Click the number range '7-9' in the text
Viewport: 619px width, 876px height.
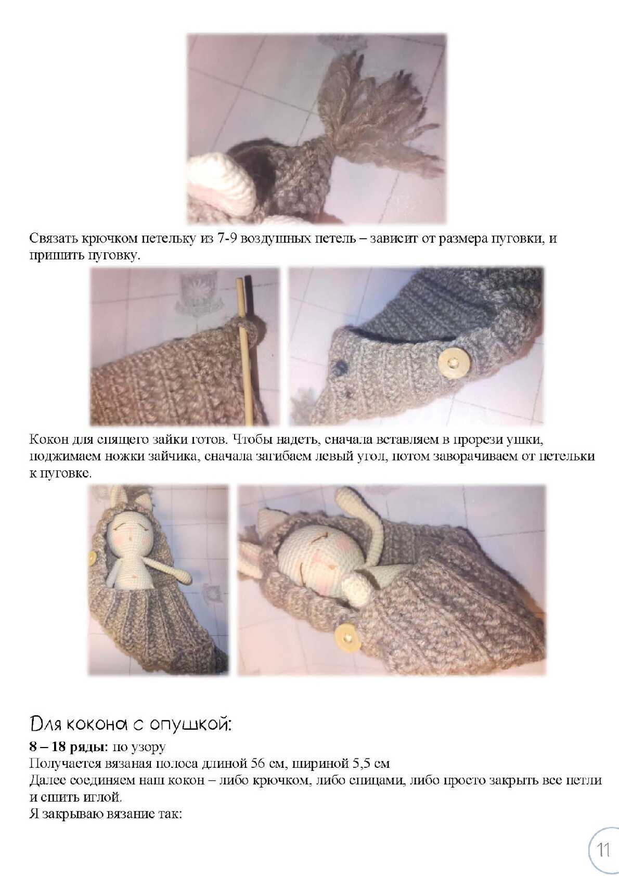click(226, 238)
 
